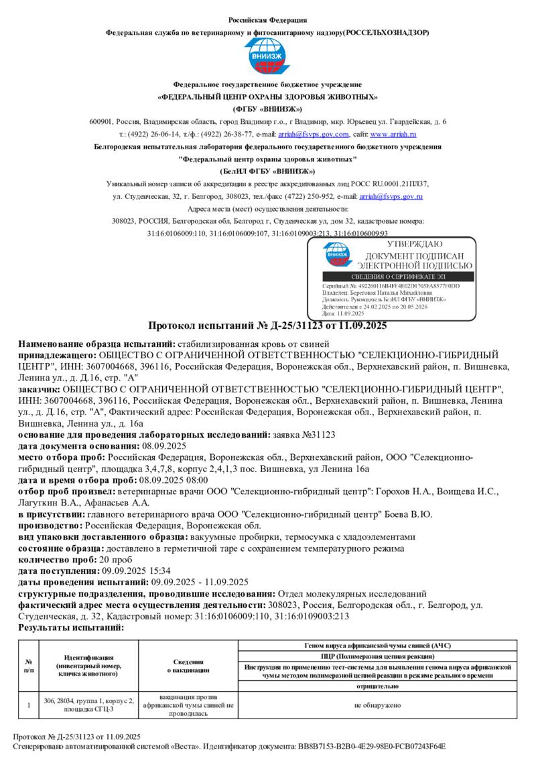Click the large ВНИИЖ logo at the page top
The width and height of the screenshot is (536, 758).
pyautogui.click(x=267, y=57)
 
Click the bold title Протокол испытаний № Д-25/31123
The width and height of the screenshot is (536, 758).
pyautogui.click(x=267, y=326)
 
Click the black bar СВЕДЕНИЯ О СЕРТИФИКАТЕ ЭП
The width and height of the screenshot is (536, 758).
pyautogui.click(x=400, y=277)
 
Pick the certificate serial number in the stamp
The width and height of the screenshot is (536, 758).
pyautogui.click(x=407, y=286)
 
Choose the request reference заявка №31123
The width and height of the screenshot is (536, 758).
pyautogui.click(x=305, y=435)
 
